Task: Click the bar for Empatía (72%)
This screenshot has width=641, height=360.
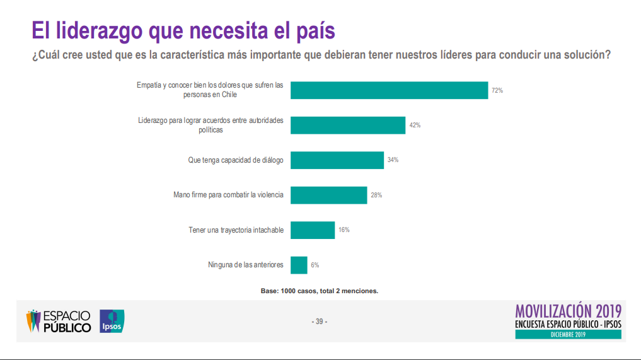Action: pyautogui.click(x=389, y=90)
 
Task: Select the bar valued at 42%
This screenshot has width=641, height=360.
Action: pyautogui.click(x=347, y=125)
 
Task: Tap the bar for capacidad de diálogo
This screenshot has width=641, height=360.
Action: pyautogui.click(x=337, y=160)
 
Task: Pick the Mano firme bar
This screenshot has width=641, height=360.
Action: pyautogui.click(x=328, y=195)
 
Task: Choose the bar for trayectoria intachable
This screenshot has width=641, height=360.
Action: pyautogui.click(x=312, y=230)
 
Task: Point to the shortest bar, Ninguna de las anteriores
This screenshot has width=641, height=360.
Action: pyautogui.click(x=299, y=265)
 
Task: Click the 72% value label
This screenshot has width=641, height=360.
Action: pyautogui.click(x=497, y=91)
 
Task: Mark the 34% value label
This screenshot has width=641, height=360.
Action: pyautogui.click(x=393, y=160)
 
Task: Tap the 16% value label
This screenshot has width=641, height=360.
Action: pyautogui.click(x=344, y=230)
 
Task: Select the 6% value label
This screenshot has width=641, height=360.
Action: pyautogui.click(x=315, y=265)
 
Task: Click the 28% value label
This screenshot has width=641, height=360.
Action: pyautogui.click(x=376, y=195)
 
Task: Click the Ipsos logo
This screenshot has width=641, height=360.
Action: pyautogui.click(x=112, y=322)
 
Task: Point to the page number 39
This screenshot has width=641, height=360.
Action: pyautogui.click(x=320, y=322)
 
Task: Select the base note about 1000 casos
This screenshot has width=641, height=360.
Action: pyautogui.click(x=319, y=291)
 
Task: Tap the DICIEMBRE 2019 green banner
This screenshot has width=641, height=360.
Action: pyautogui.click(x=568, y=334)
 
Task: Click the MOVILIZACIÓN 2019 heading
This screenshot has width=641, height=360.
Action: pyautogui.click(x=568, y=311)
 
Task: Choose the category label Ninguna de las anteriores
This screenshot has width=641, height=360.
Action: pyautogui.click(x=246, y=265)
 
